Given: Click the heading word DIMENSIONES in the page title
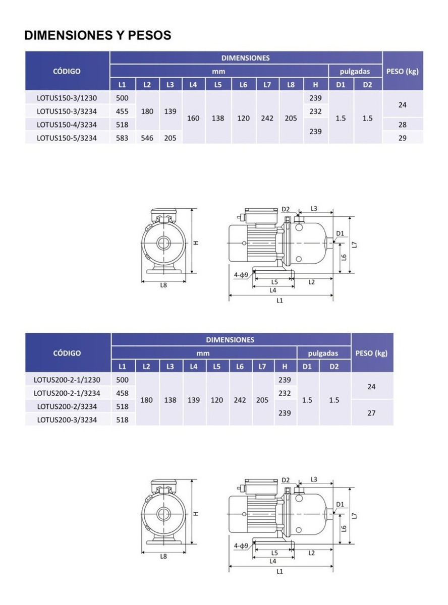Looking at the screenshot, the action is click(x=68, y=35).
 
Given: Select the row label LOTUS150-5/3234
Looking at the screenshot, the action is click(x=67, y=138).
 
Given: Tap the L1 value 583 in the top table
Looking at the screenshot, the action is click(x=122, y=138).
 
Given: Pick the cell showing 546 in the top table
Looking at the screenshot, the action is click(x=147, y=138).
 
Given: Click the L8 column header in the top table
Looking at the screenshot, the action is click(x=291, y=85).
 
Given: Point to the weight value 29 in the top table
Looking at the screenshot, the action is click(x=403, y=138).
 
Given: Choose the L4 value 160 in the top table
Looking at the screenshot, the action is click(x=193, y=118).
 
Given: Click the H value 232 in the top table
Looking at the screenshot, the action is click(x=315, y=111).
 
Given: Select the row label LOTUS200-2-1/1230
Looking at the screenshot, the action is click(x=67, y=380).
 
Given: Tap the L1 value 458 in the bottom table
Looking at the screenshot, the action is click(x=122, y=393).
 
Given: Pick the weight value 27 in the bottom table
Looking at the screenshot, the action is click(x=371, y=413).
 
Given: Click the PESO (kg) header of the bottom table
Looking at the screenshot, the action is click(x=371, y=353).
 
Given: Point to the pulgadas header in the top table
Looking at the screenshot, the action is click(x=355, y=72).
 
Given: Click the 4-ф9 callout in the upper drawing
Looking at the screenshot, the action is click(x=241, y=275).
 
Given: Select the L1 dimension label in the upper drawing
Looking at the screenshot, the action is click(x=279, y=300).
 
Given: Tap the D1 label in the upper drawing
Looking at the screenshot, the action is click(x=340, y=233).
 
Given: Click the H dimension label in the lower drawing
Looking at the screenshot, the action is click(x=195, y=514).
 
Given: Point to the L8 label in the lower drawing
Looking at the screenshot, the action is click(x=163, y=556).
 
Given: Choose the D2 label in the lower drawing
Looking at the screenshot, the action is click(x=286, y=480).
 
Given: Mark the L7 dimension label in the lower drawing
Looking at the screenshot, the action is click(x=354, y=516).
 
